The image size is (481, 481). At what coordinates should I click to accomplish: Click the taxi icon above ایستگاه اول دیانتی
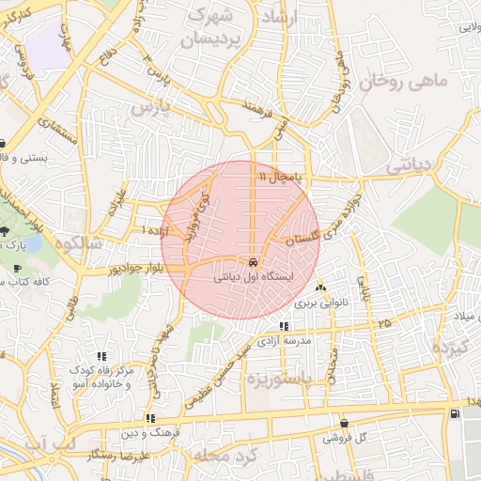click(254, 262)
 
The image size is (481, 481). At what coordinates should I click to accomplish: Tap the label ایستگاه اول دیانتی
click(256, 278)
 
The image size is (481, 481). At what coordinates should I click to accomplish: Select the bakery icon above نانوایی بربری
click(321, 287)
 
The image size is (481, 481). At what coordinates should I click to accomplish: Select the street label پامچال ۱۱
click(280, 176)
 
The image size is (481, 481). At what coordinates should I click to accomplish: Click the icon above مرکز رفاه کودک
click(101, 356)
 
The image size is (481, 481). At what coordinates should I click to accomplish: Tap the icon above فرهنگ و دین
click(149, 418)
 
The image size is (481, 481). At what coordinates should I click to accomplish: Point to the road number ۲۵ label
click(383, 322)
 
